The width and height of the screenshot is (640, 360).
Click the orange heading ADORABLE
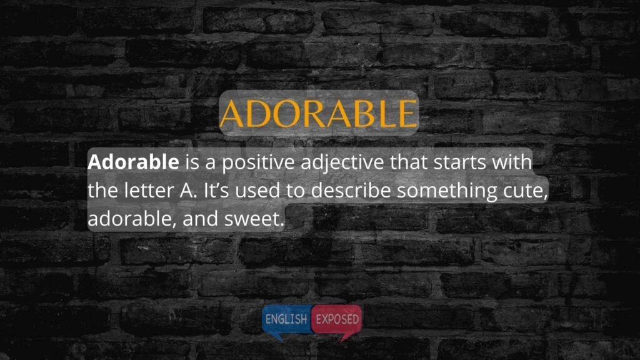318,113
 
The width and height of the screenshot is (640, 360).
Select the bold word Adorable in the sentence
133,162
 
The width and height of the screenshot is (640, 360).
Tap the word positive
258,163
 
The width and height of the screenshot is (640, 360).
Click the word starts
459,162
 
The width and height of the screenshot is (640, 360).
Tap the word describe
351,191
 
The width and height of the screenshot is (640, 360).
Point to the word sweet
254,219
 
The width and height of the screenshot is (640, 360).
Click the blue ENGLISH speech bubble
286,319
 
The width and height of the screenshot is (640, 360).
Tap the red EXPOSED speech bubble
337,319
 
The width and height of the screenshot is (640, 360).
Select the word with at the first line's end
512,162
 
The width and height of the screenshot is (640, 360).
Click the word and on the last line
201,219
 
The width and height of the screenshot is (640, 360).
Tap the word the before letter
103,191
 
